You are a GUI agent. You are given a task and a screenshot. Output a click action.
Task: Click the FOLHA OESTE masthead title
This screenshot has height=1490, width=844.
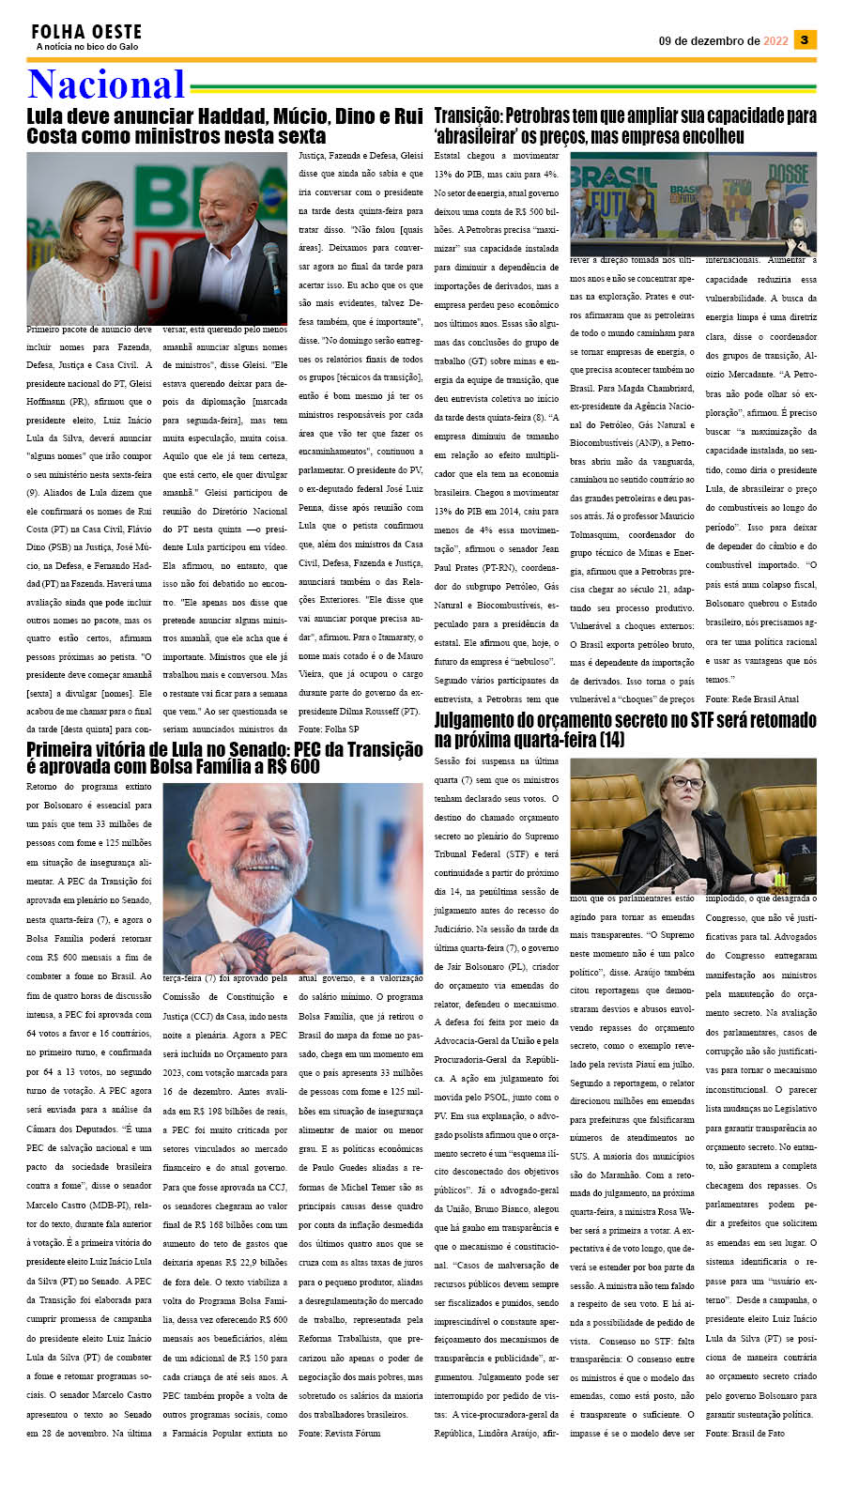(x=86, y=32)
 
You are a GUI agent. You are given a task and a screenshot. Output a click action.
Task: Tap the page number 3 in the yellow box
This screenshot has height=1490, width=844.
(x=805, y=39)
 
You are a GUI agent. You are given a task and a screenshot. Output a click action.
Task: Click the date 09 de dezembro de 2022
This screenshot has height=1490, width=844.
(x=723, y=41)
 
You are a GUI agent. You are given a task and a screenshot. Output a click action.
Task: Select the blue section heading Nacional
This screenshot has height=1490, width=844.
(x=106, y=84)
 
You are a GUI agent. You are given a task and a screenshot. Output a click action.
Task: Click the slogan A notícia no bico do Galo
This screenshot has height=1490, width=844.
(x=87, y=47)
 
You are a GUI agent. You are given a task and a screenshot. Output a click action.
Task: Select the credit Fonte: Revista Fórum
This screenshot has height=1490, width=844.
(x=340, y=1434)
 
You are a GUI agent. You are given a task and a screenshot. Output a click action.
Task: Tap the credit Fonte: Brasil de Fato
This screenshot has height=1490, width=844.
(x=745, y=1434)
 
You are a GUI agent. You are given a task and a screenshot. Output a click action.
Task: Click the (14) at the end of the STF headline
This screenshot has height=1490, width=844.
(x=609, y=740)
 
